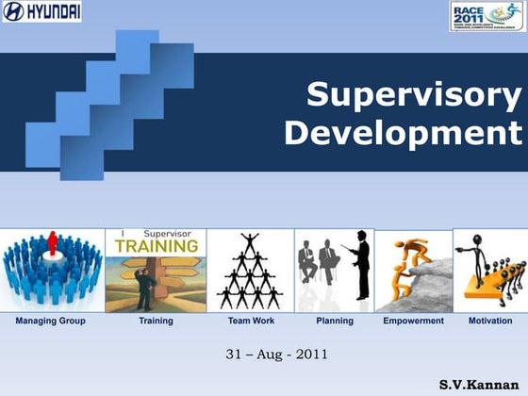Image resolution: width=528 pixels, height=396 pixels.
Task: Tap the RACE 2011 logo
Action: click(x=487, y=15)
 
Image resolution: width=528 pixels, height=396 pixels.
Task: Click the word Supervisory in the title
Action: click(x=414, y=96)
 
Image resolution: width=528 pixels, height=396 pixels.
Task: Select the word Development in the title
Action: click(x=403, y=133)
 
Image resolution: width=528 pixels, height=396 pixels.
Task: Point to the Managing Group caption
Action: click(x=50, y=322)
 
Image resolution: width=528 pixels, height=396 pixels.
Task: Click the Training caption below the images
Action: click(x=156, y=322)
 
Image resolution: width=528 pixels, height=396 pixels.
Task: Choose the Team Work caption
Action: click(x=251, y=322)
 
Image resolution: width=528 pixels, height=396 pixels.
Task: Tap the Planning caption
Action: click(x=335, y=322)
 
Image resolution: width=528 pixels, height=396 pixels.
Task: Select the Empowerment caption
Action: click(x=413, y=322)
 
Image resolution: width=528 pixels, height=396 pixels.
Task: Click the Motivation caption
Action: click(x=490, y=322)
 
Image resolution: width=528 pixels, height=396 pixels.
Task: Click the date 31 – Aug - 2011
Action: click(x=264, y=355)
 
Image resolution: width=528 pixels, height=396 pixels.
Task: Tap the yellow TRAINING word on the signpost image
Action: click(x=157, y=245)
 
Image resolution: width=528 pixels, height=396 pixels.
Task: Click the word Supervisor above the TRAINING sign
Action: click(x=167, y=233)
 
